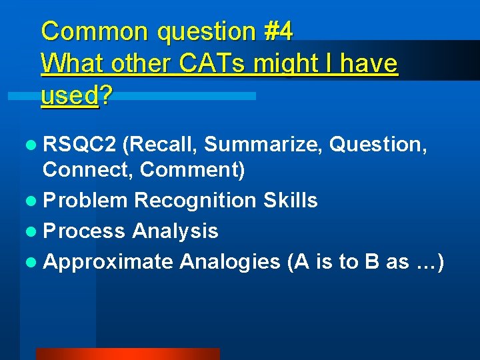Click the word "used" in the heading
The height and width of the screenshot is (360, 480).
click(x=69, y=96)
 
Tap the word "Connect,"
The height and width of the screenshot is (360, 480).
click(x=88, y=171)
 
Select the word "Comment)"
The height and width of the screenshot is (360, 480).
click(x=193, y=171)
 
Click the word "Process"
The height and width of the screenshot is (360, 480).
click(x=84, y=231)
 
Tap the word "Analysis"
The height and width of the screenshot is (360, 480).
click(x=175, y=231)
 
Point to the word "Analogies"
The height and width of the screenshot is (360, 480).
click(x=230, y=261)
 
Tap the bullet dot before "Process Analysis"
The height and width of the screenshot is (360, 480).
click(x=34, y=231)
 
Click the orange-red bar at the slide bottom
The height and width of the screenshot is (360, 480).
click(x=127, y=354)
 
